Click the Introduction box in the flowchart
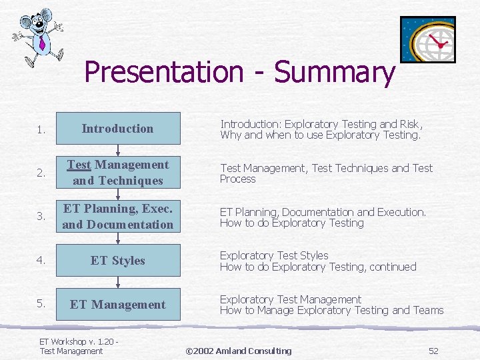(x=118, y=129)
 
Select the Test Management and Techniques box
(x=118, y=173)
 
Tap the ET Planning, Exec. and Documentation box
(x=118, y=217)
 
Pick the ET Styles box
(x=118, y=261)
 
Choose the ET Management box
(x=118, y=305)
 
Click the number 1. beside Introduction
(x=41, y=129)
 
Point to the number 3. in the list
(x=41, y=217)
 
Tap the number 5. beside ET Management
(x=41, y=304)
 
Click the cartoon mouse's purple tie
(x=42, y=44)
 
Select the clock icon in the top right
(x=427, y=39)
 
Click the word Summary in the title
(x=334, y=72)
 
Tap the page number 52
(x=433, y=351)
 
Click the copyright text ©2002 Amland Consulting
(x=238, y=351)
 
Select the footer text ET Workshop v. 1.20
(x=77, y=341)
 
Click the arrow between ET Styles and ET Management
(x=118, y=283)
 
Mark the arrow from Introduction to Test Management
(x=118, y=151)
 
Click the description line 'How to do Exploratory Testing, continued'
(x=318, y=267)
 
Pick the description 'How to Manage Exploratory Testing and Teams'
(x=331, y=310)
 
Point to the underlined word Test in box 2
(x=79, y=165)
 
